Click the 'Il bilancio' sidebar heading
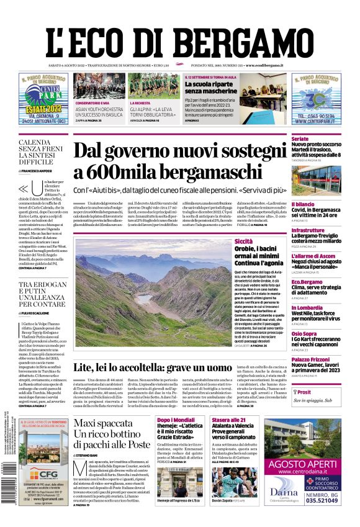pyautogui.click(x=304, y=204)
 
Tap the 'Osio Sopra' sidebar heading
pyautogui.click(x=304, y=333)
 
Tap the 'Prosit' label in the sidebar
pyautogui.click(x=304, y=392)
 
